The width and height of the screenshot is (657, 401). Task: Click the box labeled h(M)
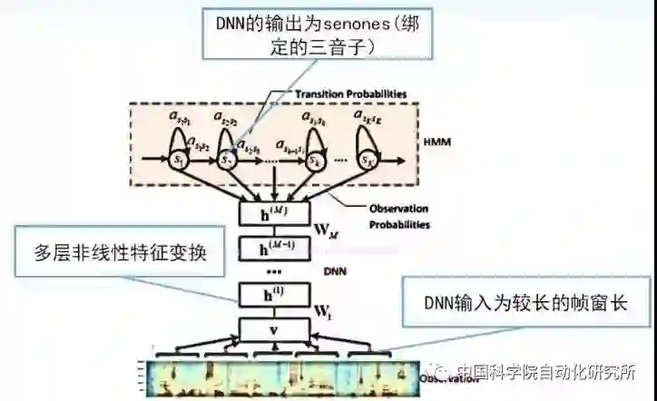click(274, 214)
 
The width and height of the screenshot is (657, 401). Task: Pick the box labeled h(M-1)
click(274, 249)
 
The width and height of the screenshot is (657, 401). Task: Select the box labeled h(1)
click(274, 295)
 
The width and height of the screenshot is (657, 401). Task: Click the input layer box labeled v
click(274, 329)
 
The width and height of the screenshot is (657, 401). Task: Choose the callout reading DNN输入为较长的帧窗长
click(525, 302)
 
